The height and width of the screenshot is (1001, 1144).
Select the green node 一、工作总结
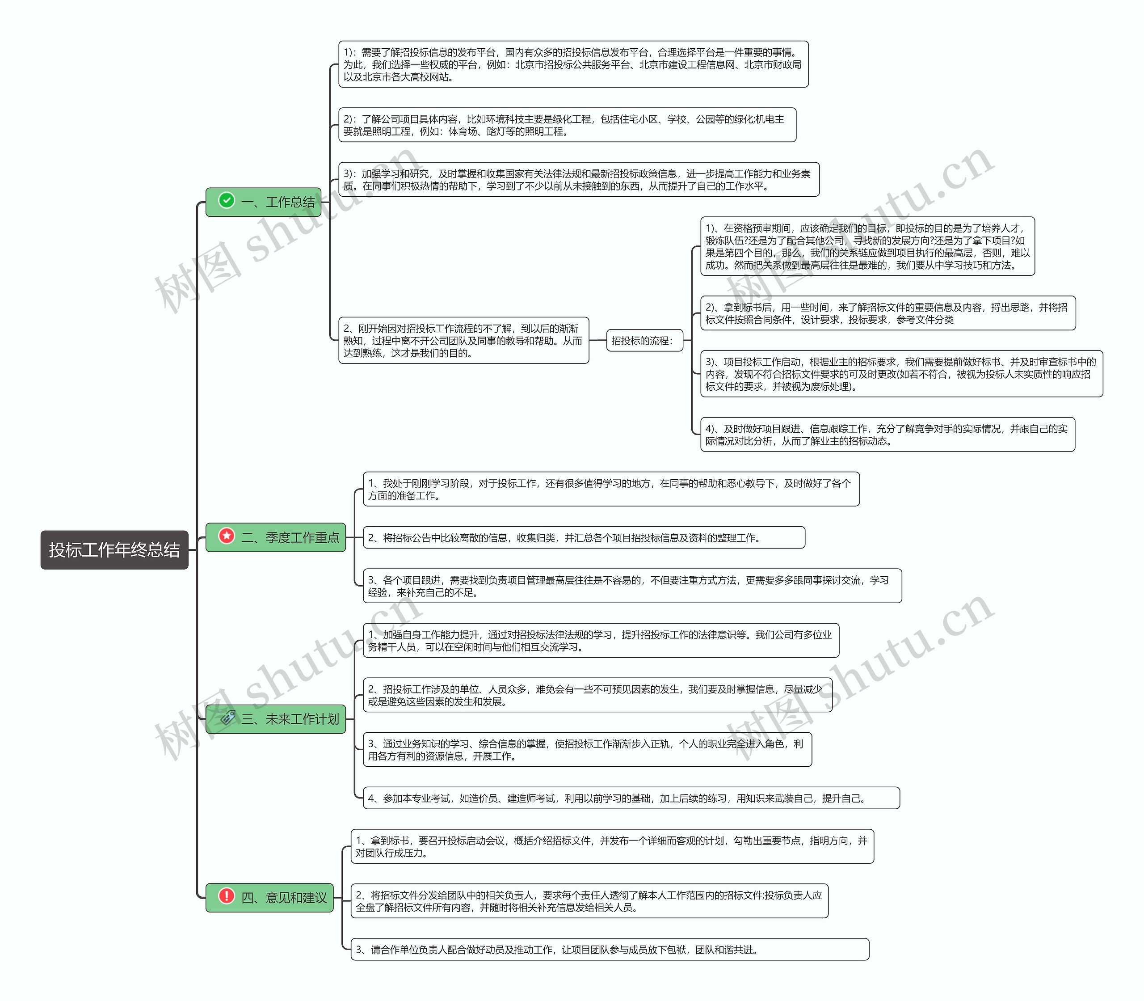click(264, 202)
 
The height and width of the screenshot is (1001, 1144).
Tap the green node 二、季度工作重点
click(276, 537)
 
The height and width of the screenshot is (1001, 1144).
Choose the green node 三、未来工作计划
click(276, 719)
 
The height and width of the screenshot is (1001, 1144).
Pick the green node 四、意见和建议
click(269, 898)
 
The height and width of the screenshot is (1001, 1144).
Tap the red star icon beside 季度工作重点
click(227, 536)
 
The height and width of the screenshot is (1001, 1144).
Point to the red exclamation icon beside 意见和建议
click(227, 896)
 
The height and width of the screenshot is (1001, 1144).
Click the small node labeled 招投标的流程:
click(645, 340)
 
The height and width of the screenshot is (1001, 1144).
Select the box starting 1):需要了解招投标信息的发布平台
click(573, 64)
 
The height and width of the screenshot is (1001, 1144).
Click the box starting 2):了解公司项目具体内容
click(567, 125)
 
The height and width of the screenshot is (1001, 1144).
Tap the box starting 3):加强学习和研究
click(579, 179)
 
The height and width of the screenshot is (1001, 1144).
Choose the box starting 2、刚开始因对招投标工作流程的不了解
click(464, 340)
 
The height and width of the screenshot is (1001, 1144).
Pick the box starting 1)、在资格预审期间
click(868, 246)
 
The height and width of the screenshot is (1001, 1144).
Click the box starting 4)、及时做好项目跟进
click(888, 435)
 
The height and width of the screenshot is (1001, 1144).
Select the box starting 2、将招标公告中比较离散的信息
click(584, 537)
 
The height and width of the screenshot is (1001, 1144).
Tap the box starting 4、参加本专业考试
click(631, 798)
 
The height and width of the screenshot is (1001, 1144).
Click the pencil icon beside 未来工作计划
click(228, 717)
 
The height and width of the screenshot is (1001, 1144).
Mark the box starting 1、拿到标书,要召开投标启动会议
click(613, 846)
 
